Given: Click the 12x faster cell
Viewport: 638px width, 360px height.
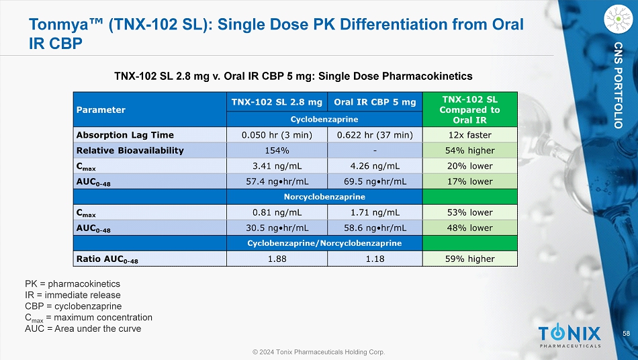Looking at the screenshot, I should pyautogui.click(x=470, y=135).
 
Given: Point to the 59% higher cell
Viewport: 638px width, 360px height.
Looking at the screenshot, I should pyautogui.click(x=470, y=259).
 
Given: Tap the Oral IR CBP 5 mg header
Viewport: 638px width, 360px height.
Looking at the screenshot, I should pyautogui.click(x=374, y=101).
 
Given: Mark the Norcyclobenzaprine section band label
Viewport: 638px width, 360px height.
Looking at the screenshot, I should pyautogui.click(x=324, y=197).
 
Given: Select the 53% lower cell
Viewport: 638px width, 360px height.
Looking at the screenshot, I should pyautogui.click(x=470, y=212).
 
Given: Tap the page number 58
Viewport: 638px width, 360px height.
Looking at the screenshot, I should pyautogui.click(x=626, y=334).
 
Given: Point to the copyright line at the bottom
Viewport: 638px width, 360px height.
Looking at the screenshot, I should pyautogui.click(x=318, y=351).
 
